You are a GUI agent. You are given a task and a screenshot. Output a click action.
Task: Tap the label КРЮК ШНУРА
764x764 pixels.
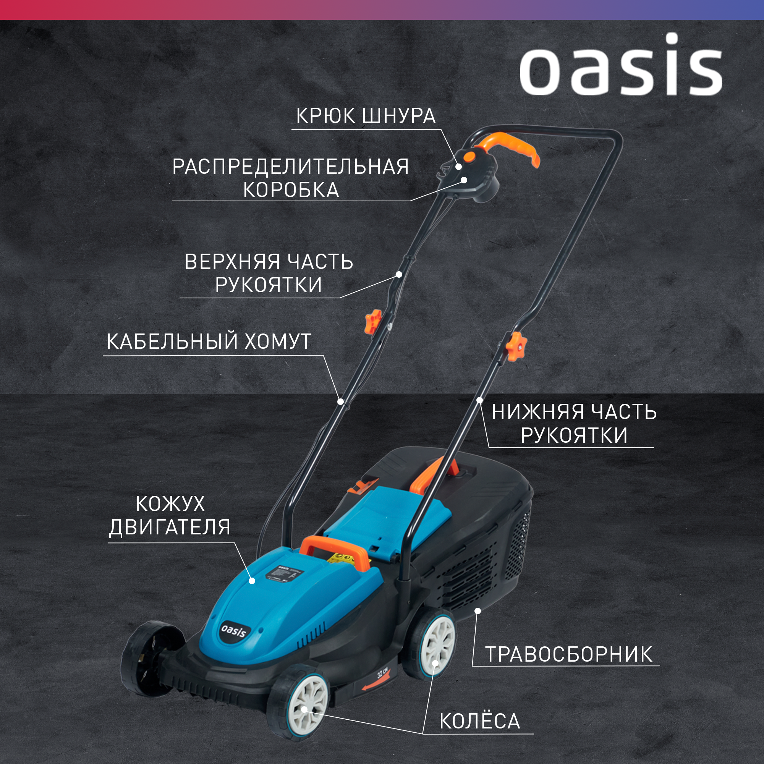[366, 116]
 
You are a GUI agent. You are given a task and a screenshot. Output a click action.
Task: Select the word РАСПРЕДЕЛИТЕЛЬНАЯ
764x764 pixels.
[290, 167]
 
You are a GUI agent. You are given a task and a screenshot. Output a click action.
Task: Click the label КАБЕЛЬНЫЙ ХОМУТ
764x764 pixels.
[209, 341]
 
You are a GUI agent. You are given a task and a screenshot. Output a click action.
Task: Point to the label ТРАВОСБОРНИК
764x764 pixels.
[569, 654]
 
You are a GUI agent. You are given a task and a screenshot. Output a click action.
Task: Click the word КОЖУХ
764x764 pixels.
[170, 504]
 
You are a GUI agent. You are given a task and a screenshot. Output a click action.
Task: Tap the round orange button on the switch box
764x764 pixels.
[469, 157]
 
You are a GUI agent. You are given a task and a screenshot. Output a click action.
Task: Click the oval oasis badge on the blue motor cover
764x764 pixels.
[233, 630]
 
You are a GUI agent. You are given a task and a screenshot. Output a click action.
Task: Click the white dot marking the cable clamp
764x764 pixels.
[340, 401]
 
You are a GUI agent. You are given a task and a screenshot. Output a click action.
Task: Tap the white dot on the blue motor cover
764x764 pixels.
[252, 581]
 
